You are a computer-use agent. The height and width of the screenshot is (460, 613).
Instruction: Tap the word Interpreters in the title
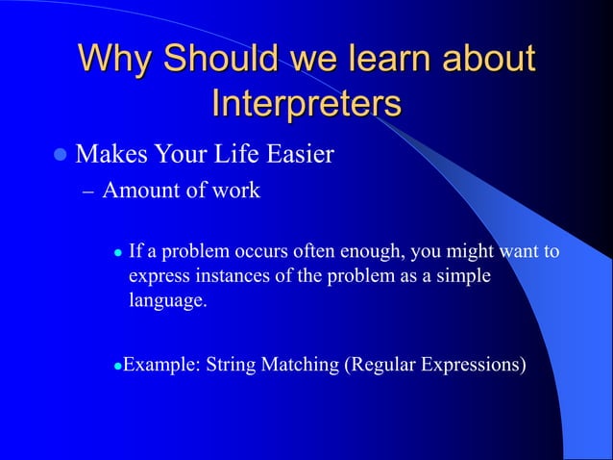coord(306,103)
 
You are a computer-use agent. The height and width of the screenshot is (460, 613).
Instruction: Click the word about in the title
coord(489,59)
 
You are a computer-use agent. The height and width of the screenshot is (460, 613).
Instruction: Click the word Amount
coord(140,191)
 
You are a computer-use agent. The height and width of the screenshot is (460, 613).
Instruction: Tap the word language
coord(167,301)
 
